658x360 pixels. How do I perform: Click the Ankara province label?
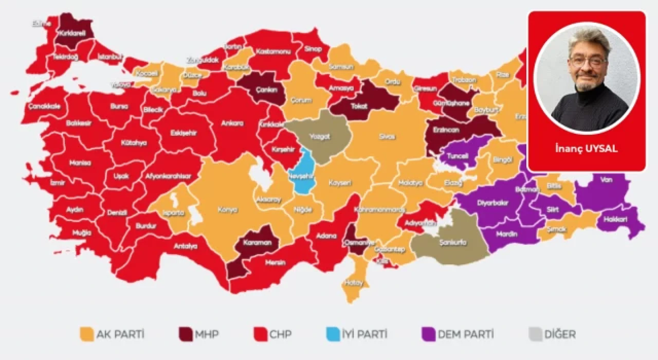pos(231,123)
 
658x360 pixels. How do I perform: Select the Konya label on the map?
pos(227,210)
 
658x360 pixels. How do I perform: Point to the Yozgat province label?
pos(319,137)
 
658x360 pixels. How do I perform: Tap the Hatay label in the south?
pos(354,283)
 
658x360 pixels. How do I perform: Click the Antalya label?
pos(186,246)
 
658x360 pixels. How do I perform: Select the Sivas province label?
pos(387,136)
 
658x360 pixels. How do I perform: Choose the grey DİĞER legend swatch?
pos(535,334)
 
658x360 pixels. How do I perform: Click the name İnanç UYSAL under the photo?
pos(586,149)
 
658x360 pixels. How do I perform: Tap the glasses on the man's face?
pos(589,61)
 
